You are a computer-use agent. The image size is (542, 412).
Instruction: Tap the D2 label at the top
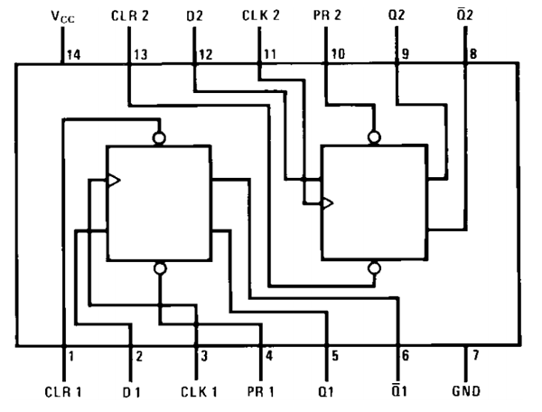pos(194,15)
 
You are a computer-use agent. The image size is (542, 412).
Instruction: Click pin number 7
pos(475,355)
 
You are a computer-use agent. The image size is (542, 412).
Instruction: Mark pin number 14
pos(73,54)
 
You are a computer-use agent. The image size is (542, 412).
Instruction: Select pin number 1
pos(70,355)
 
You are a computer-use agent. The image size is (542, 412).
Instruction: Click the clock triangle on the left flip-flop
pos(113,181)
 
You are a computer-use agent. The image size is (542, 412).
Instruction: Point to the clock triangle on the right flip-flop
pos(327,202)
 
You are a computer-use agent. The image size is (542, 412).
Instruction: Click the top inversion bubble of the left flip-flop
pos(160,138)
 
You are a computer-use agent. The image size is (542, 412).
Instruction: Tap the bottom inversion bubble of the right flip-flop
pos(373,267)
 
